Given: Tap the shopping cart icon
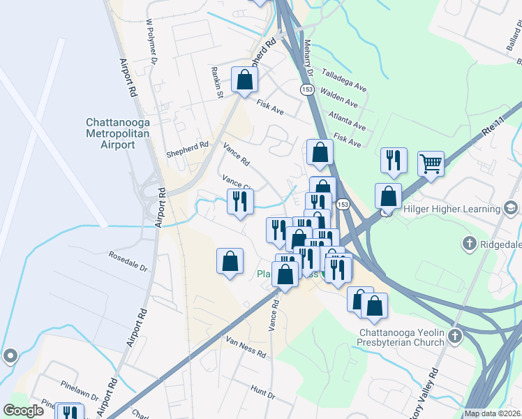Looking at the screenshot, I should click(431, 165).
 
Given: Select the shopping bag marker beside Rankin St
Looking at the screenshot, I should click(245, 80).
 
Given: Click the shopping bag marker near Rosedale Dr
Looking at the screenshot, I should click(230, 262).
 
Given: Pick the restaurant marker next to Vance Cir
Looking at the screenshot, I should click(240, 202).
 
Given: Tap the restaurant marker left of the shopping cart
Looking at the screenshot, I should click(394, 160).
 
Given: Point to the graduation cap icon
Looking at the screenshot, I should click(511, 207).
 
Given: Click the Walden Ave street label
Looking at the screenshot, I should click(338, 98).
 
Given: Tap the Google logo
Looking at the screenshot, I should click(24, 411).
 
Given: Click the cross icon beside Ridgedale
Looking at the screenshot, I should click(470, 244).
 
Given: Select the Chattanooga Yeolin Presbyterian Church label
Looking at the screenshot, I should click(401, 337).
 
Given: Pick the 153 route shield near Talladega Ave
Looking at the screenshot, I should click(307, 89).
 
